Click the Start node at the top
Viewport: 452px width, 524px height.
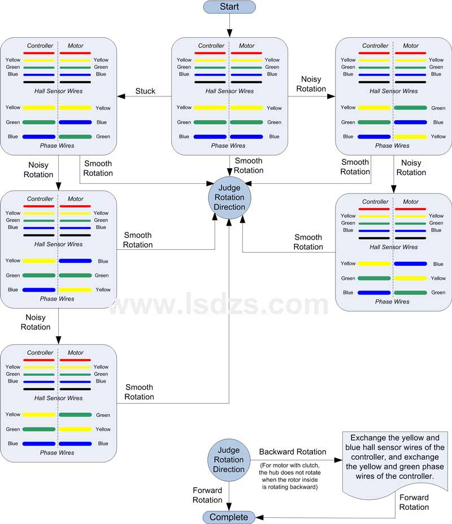229,7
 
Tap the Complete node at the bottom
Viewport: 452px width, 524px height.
229,517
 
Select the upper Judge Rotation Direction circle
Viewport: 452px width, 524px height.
229,198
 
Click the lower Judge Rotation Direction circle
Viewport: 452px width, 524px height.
229,460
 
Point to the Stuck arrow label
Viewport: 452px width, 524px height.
145,91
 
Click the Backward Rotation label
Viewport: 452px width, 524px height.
292,452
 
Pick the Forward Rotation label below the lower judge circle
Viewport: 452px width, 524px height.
207,495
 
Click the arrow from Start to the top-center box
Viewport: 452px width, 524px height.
229,25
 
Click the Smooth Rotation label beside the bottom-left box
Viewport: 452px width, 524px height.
140,392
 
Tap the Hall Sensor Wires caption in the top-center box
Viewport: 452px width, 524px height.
229,91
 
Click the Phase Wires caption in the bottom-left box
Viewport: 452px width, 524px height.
57,452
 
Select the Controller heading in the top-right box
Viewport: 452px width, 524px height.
375,46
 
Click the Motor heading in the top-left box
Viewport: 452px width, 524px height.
76,46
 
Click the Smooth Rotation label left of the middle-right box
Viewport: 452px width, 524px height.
308,242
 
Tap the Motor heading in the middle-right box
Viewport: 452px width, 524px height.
411,201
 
